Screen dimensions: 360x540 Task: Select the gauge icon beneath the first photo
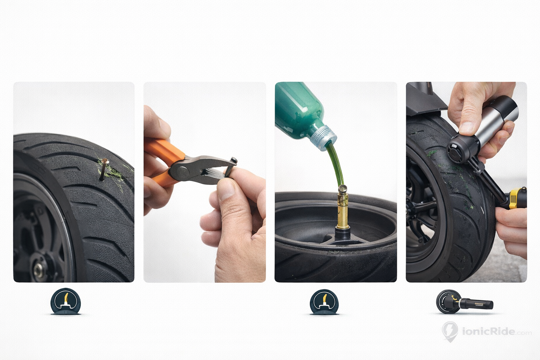tap(65, 301)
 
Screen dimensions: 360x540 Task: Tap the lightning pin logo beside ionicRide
tap(450, 331)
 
